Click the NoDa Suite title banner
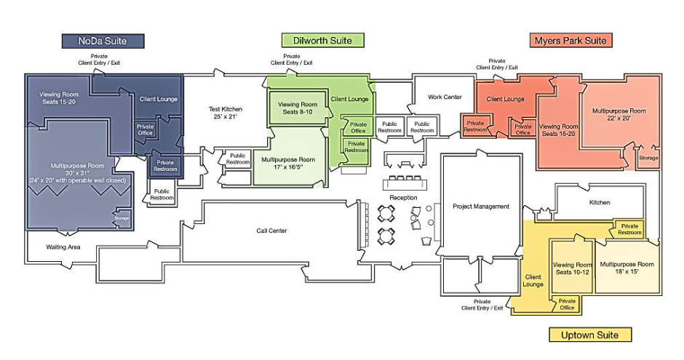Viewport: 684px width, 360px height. pyautogui.click(x=103, y=41)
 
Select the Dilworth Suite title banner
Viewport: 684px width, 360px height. pyautogui.click(x=322, y=41)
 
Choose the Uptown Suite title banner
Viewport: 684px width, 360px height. pyautogui.click(x=589, y=335)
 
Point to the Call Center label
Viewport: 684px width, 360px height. pyautogui.click(x=271, y=231)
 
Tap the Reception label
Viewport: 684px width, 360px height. pyautogui.click(x=402, y=198)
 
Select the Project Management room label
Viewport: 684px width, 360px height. pyautogui.click(x=481, y=207)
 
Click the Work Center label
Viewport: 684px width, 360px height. pyautogui.click(x=445, y=97)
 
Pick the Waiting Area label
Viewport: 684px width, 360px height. pyautogui.click(x=64, y=247)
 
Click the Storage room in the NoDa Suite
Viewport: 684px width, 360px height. pyautogui.click(x=122, y=217)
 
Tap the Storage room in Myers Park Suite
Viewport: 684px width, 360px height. pyautogui.click(x=648, y=158)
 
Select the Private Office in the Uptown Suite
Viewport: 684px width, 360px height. pyautogui.click(x=567, y=304)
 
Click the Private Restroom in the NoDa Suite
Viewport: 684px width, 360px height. pyautogui.click(x=165, y=166)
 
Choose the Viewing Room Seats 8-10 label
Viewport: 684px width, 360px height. pyautogui.click(x=298, y=108)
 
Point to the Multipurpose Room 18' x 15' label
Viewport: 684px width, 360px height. pyautogui.click(x=627, y=267)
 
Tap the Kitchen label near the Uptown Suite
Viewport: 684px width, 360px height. pyautogui.click(x=600, y=202)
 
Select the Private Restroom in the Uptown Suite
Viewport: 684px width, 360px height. pyautogui.click(x=630, y=229)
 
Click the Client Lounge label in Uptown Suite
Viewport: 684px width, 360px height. pyautogui.click(x=533, y=280)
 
